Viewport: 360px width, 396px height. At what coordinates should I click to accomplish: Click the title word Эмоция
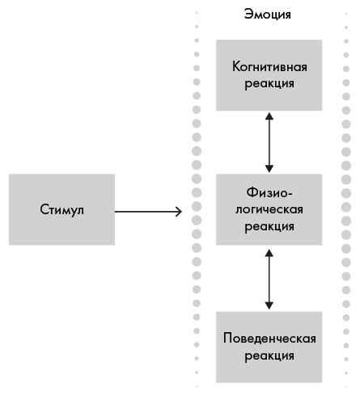coord(267,14)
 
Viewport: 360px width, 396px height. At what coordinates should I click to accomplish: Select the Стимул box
coord(61,209)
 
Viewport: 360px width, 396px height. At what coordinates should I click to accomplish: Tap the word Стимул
coord(61,209)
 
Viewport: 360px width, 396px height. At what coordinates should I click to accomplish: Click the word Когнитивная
coord(269,66)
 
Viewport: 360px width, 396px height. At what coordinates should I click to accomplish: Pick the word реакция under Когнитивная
coord(269,83)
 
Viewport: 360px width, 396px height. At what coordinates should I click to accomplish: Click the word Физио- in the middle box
coord(269,192)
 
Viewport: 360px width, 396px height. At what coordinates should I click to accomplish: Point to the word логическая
coord(269,209)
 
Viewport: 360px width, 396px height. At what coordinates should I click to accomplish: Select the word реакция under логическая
coord(269,226)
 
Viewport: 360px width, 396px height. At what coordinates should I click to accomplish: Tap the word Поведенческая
coord(269,339)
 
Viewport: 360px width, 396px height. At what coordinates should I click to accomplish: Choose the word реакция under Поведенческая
coord(269,356)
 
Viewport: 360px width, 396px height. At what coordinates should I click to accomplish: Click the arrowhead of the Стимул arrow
coord(179,212)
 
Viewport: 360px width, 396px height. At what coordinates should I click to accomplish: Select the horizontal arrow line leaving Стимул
coord(148,212)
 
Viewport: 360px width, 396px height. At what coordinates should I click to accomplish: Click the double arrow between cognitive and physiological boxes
coord(269,142)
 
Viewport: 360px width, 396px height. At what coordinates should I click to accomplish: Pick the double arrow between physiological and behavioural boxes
coord(269,280)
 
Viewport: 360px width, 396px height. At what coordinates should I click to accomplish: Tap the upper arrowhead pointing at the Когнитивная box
coord(269,116)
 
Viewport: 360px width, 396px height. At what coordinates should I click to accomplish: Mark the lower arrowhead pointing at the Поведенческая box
coord(269,305)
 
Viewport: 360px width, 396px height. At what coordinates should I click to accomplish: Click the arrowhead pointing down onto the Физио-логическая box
coord(269,169)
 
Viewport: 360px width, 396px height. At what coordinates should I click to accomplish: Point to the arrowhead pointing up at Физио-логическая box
coord(269,253)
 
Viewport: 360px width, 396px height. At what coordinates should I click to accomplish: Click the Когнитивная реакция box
coord(269,75)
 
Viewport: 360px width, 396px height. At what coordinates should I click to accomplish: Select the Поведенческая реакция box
coord(269,348)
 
